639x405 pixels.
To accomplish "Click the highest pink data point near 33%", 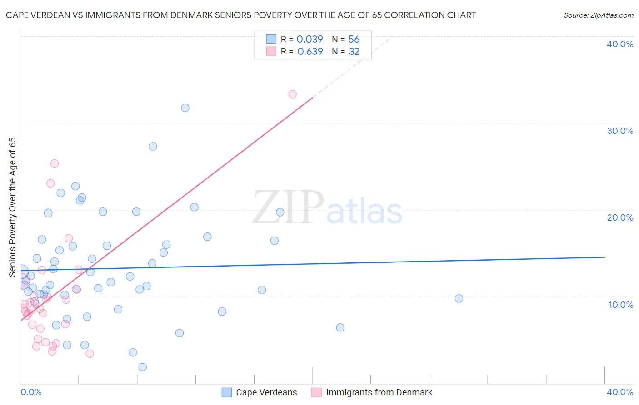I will [x=292, y=94].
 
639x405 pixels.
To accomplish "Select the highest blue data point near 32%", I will [x=185, y=108].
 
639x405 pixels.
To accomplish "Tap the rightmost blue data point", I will [x=459, y=299].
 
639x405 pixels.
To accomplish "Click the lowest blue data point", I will [x=142, y=367].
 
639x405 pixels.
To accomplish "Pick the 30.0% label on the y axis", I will [x=620, y=131].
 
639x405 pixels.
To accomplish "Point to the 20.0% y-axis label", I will [x=620, y=217].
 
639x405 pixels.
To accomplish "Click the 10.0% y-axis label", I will [x=621, y=305].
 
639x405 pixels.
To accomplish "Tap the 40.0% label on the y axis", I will [x=620, y=44].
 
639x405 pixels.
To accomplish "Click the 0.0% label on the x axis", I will [x=31, y=392].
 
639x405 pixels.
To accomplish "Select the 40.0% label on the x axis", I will [x=620, y=392].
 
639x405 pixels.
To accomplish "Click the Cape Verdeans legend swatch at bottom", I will [x=227, y=392].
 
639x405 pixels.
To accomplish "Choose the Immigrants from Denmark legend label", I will [x=379, y=392].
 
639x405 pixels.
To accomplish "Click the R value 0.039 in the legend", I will [x=310, y=40].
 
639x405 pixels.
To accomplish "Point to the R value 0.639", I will [x=310, y=52].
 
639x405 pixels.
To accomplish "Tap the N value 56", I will [x=354, y=40].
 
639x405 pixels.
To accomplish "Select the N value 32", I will [x=354, y=52].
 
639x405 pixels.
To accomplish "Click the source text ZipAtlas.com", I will [x=599, y=15].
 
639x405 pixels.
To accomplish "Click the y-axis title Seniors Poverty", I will [x=12, y=207].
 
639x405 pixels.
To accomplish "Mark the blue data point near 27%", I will [x=153, y=147].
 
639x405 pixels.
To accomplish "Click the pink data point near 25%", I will [x=55, y=163].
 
